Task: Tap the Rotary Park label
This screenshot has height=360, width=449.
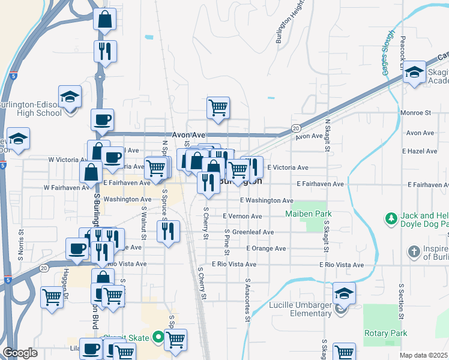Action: pos(385,333)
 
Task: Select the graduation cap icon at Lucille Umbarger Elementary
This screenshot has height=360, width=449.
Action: pos(344,293)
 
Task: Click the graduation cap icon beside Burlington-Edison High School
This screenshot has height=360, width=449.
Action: pos(70,96)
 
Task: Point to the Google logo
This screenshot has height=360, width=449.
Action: pos(20,353)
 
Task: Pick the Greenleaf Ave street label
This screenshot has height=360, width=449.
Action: pos(253,232)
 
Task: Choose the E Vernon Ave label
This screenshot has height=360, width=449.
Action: pos(242,216)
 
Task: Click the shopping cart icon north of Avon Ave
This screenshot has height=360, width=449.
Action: pos(218,108)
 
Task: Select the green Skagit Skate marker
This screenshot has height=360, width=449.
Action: pos(158,337)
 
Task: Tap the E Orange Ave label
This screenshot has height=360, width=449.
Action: pos(265,248)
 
